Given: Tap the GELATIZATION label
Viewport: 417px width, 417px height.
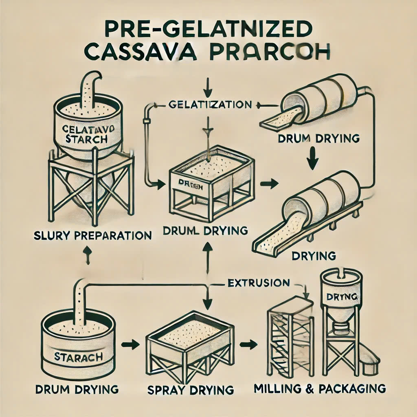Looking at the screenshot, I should tap(210, 105).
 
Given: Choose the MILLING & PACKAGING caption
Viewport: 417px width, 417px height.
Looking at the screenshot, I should tap(319, 388).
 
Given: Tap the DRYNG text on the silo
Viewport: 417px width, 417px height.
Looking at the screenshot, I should tap(342, 296).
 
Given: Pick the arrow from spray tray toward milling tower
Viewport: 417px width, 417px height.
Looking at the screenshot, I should tap(245, 345).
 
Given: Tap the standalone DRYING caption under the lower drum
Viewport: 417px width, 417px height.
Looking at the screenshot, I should tap(314, 256).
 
